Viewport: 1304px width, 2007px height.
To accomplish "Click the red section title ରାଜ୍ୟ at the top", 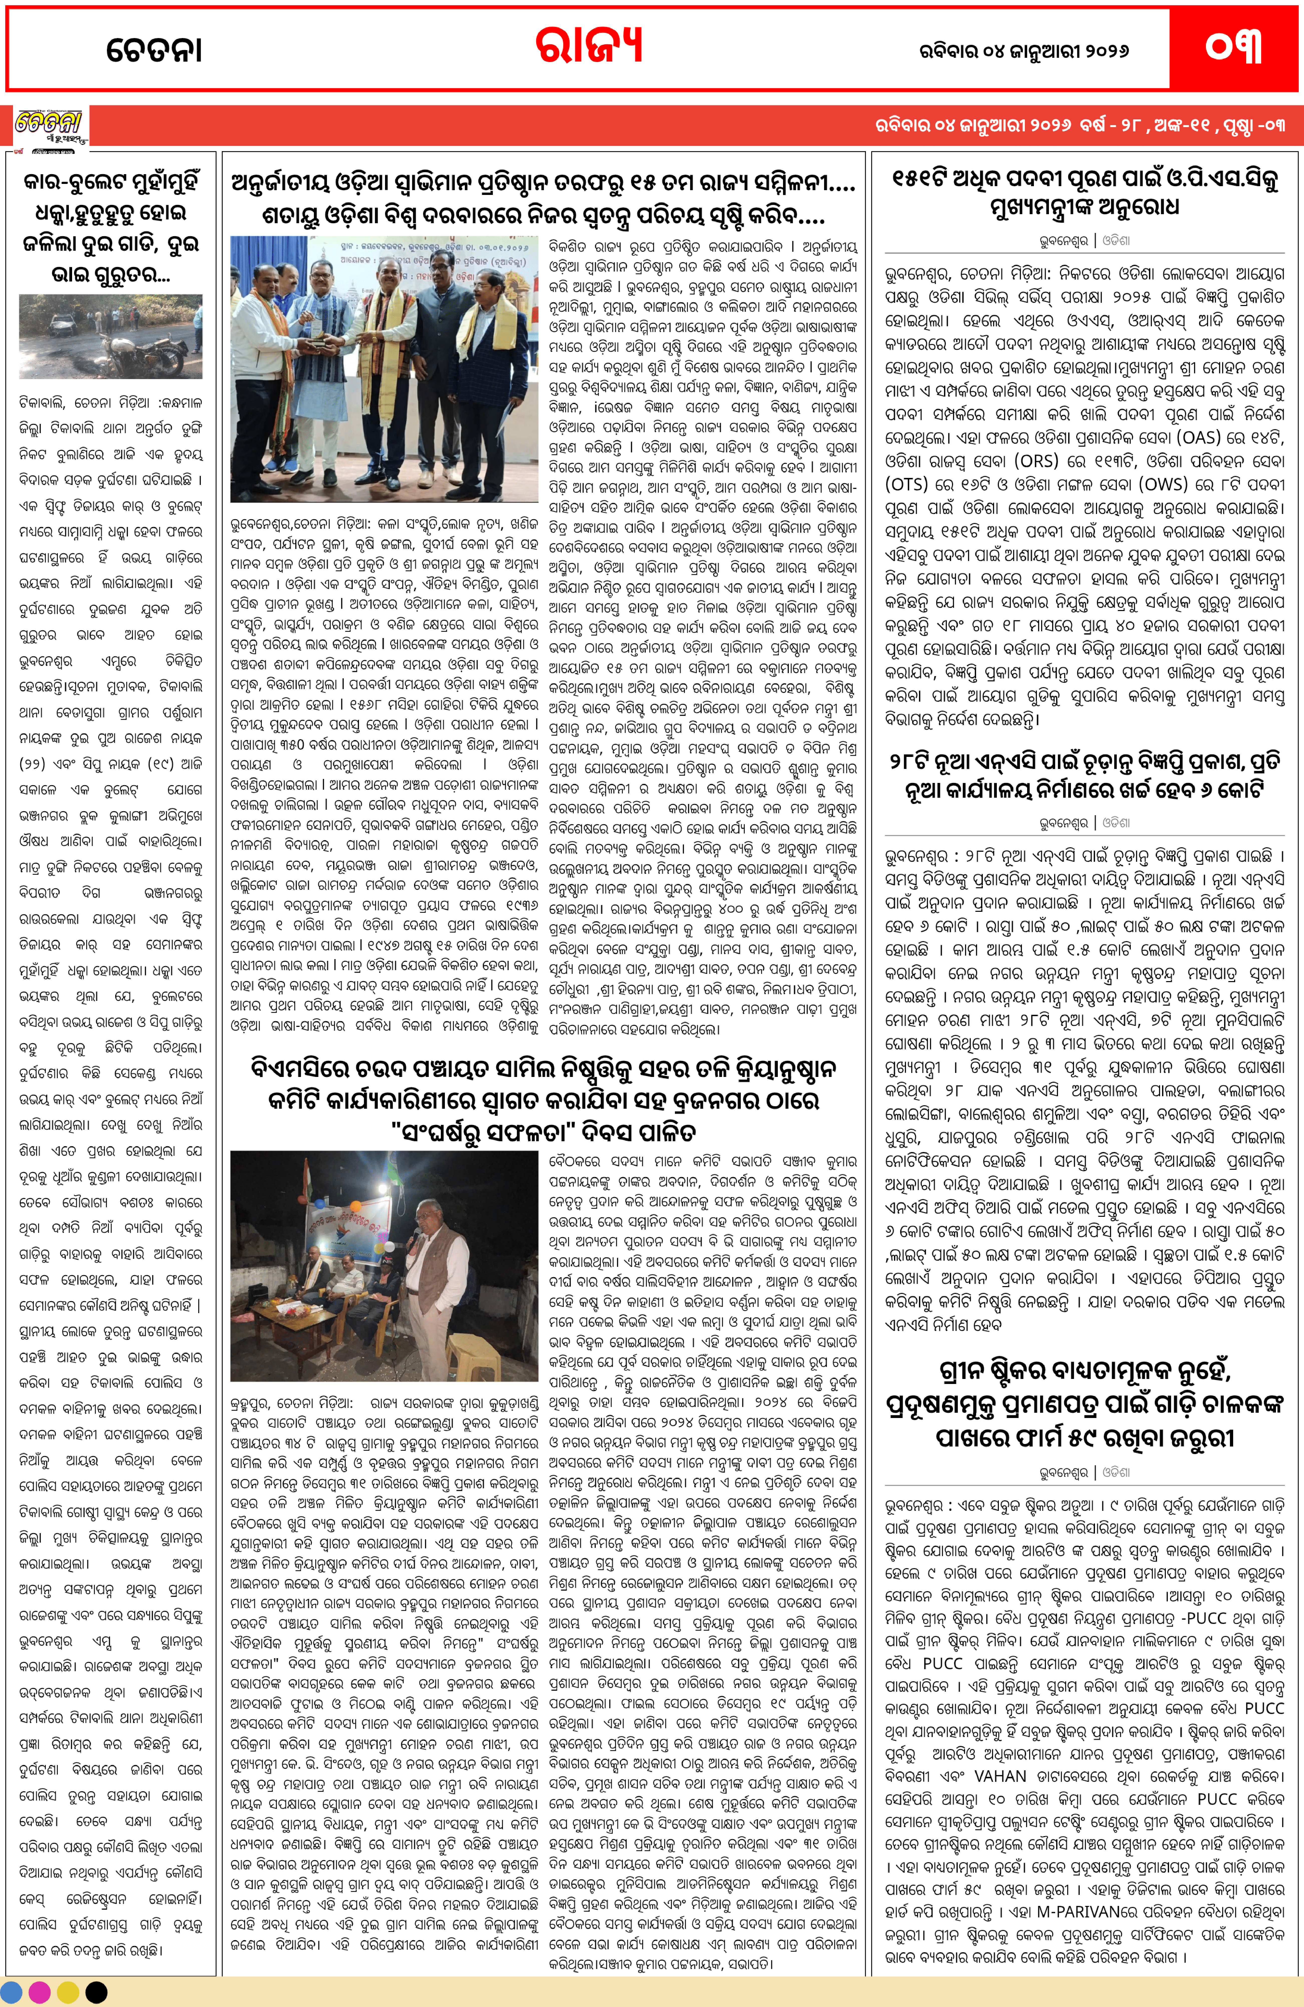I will [589, 46].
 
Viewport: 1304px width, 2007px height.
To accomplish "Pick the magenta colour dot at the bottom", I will [40, 1993].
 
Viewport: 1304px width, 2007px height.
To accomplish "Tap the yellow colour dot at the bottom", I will [68, 1993].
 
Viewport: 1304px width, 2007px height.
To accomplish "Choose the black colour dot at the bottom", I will [96, 1993].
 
